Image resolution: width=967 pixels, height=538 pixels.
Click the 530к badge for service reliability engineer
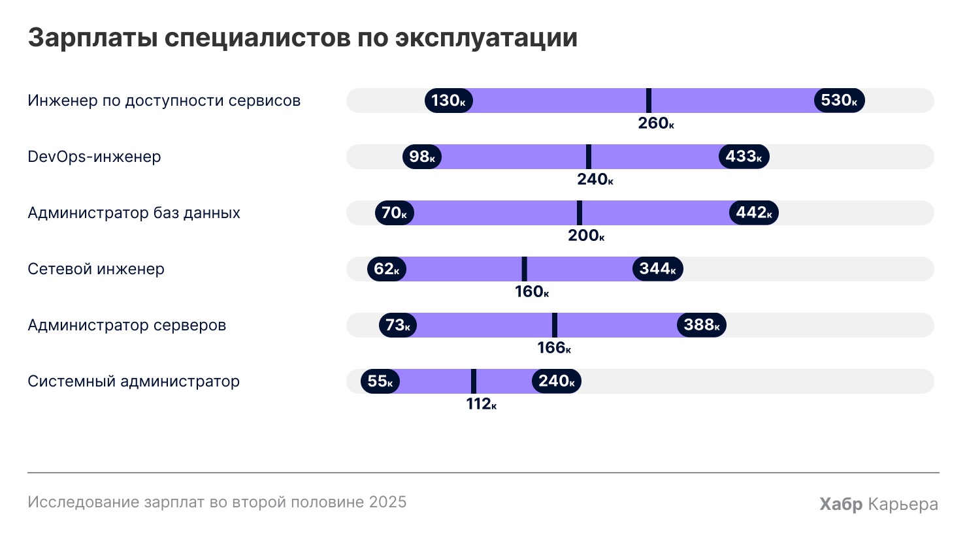click(839, 101)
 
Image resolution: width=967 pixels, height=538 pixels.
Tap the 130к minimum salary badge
click(449, 101)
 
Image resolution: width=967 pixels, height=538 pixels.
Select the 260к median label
click(655, 123)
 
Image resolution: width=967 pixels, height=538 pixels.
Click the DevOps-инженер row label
click(94, 157)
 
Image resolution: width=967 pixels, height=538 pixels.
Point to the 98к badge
click(422, 157)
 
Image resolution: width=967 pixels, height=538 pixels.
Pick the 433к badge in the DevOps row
click(744, 157)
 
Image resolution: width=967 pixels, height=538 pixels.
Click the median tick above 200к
click(580, 213)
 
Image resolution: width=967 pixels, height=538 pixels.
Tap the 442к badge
click(754, 213)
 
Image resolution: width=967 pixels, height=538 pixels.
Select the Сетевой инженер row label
click(96, 269)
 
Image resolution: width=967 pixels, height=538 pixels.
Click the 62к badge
click(387, 269)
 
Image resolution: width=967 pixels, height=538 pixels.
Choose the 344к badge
click(658, 269)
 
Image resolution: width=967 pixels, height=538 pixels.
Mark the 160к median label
click(531, 292)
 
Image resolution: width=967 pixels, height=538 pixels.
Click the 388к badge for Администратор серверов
click(702, 325)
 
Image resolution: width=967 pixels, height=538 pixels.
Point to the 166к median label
click(554, 348)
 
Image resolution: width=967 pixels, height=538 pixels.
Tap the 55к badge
click(380, 381)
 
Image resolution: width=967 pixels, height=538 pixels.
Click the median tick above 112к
click(474, 381)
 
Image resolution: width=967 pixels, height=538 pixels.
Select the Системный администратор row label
click(133, 381)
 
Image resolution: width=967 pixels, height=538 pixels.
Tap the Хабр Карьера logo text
click(879, 504)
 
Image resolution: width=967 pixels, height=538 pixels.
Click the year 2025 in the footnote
click(387, 502)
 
